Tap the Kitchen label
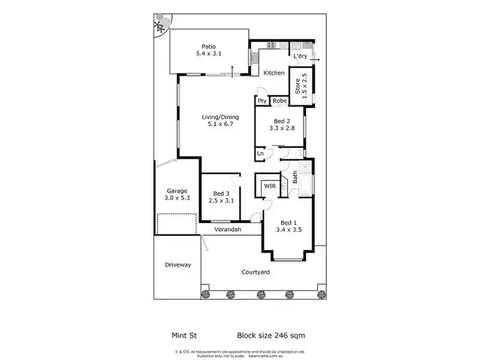point(275,73)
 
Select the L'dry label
point(300,58)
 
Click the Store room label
point(297,85)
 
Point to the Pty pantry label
point(262,101)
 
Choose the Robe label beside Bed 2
point(280,101)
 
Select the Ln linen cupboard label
point(260,154)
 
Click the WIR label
point(269,185)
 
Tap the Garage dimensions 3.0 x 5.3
point(177,199)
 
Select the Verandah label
point(228,230)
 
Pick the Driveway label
point(178,265)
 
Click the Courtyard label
point(255,272)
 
